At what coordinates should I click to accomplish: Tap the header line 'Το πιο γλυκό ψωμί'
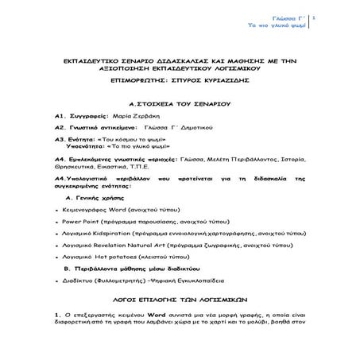pos(277,25)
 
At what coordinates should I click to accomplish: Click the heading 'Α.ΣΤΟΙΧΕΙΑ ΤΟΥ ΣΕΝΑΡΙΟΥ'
pos(178,104)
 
